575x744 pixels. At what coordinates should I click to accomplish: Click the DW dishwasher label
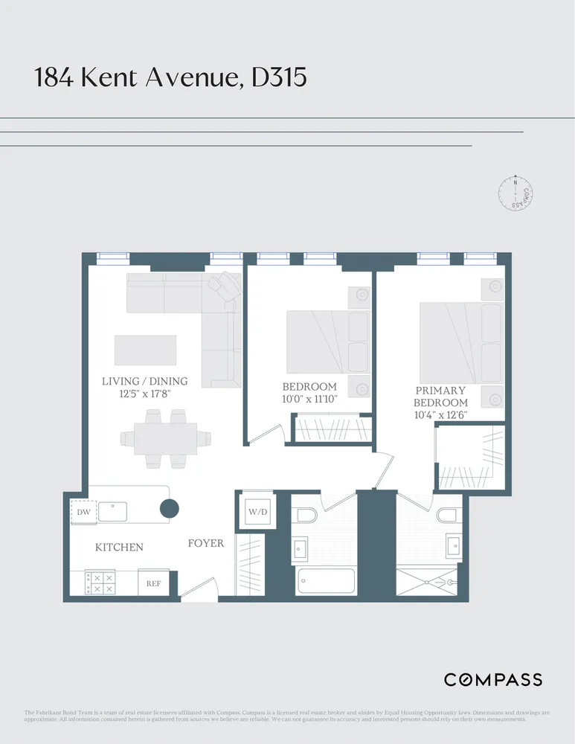point(83,512)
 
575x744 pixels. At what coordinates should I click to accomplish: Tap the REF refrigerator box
point(153,583)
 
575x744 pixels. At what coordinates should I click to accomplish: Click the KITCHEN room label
point(119,548)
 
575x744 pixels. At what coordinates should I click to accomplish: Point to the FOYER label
point(205,543)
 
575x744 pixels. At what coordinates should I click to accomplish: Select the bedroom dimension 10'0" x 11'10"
point(309,400)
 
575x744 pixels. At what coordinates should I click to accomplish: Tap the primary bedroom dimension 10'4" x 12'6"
point(441,415)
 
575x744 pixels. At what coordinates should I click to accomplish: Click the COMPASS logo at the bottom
point(492,679)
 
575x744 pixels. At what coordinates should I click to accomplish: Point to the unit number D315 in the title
point(279,77)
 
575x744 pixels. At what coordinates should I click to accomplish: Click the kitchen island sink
point(114,512)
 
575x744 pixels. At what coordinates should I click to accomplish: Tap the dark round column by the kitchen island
point(170,509)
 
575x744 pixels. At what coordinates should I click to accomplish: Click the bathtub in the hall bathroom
point(326,580)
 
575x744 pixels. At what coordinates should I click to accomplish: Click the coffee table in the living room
point(145,350)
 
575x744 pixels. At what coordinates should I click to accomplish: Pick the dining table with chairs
point(165,438)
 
